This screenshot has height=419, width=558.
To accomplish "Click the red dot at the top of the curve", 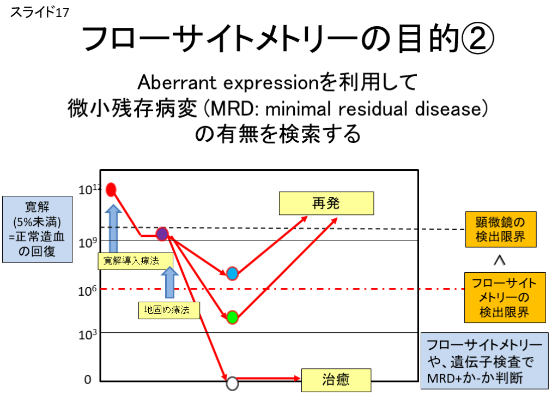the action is [x=111, y=189].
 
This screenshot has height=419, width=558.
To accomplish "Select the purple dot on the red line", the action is [x=162, y=234].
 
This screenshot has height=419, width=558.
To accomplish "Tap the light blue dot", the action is [x=232, y=274].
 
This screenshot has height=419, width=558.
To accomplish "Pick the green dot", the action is [x=232, y=317].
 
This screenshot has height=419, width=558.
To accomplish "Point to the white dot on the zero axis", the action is [x=232, y=384].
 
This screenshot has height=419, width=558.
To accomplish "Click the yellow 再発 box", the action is [x=326, y=203].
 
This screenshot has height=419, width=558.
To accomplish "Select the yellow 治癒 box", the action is [x=336, y=380].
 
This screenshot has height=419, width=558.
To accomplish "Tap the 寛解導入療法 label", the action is [x=136, y=261].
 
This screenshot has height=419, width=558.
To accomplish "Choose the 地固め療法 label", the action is [x=169, y=310].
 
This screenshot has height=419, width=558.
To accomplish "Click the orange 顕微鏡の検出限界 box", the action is [x=501, y=230].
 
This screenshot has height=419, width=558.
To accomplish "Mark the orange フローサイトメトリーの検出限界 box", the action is [x=505, y=297].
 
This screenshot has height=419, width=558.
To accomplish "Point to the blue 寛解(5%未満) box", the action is [x=38, y=229].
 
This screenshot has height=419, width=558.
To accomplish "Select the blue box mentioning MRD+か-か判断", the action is [x=484, y=361].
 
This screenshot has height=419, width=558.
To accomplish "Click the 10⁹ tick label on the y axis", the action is [x=88, y=243].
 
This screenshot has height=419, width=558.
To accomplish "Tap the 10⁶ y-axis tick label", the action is [x=88, y=291].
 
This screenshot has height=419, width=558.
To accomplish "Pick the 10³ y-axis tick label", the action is [x=88, y=334].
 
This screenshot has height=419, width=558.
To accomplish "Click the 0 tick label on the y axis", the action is [x=88, y=380].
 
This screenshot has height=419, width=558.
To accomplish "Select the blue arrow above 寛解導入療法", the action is [x=113, y=229].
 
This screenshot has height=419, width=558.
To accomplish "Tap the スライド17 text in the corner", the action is [x=39, y=13].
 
